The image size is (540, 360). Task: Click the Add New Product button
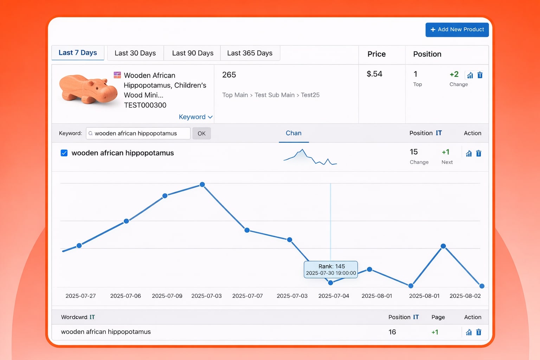pos(457,30)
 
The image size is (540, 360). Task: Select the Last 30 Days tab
pos(135,53)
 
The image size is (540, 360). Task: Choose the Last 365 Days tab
pos(250,53)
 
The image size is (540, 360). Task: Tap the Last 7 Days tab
pos(78,53)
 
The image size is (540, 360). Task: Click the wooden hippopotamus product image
pos(88,89)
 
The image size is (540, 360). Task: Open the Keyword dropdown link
pos(195,117)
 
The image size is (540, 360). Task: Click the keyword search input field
pos(139,133)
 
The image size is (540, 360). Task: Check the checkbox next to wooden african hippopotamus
pos(64,153)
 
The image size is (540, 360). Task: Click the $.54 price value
pos(374,74)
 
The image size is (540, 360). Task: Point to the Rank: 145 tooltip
pos(330,269)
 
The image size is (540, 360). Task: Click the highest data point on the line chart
pos(202,185)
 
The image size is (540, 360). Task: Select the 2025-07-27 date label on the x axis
pos(81,296)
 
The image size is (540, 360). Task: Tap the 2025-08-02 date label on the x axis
pos(465,296)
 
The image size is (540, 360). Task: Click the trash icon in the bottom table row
pos(478,332)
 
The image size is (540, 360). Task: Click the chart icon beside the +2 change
pos(470,75)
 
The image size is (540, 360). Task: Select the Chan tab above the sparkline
pos(294,133)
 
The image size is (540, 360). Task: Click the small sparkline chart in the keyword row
pos(310,157)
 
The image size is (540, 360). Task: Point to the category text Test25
pos(310,95)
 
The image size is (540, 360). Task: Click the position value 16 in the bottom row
pos(392,332)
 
